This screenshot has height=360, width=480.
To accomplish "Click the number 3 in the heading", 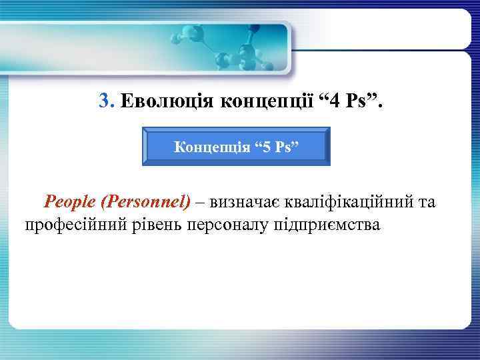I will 103,101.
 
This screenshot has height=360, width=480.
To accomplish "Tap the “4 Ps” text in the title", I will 346,101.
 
